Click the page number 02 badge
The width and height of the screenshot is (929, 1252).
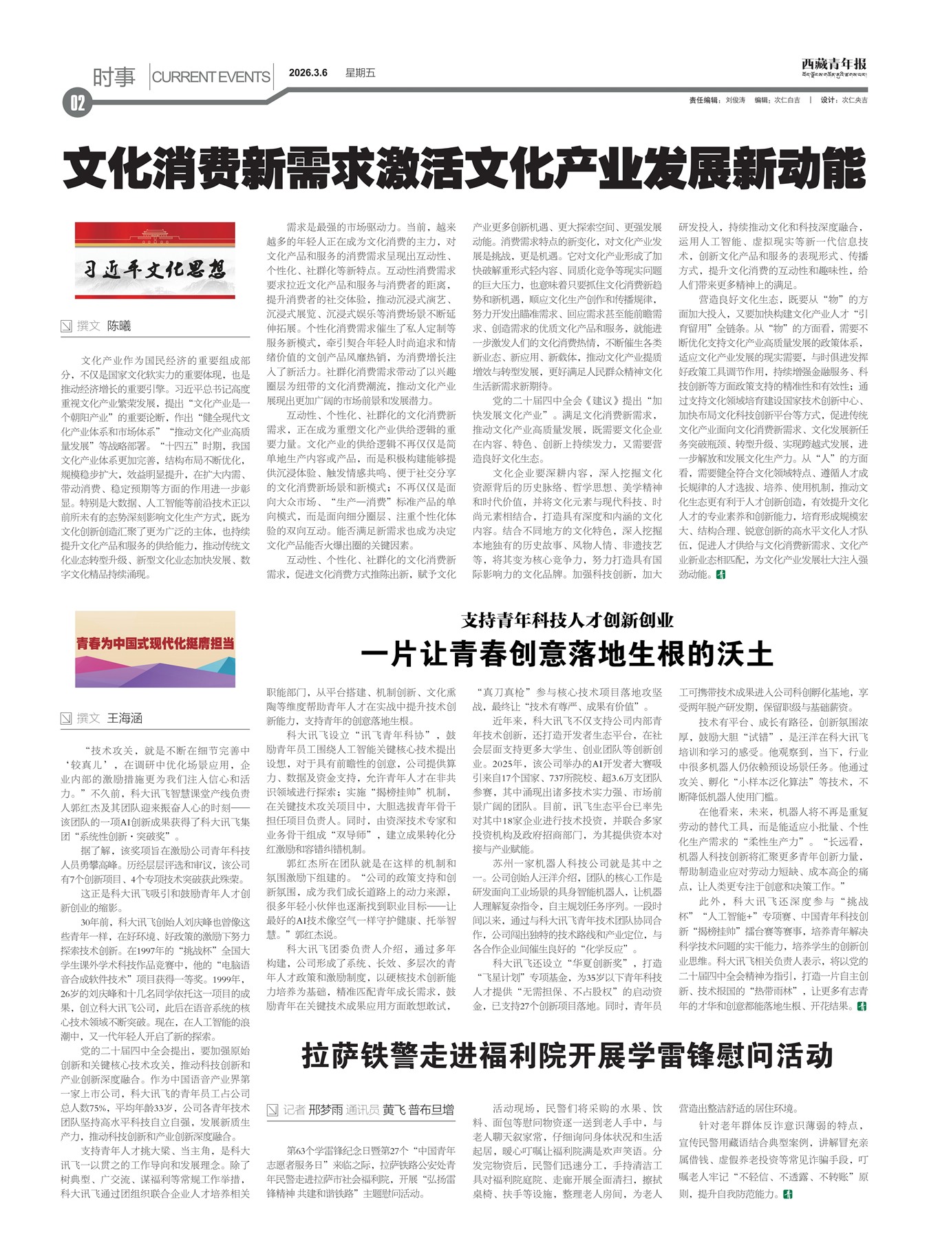coord(76,103)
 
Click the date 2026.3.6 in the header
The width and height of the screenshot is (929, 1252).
coord(308,73)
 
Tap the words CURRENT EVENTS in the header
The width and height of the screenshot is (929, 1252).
coord(211,77)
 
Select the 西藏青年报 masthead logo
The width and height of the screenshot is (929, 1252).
coord(833,66)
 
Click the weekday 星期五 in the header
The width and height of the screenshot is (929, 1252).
coord(360,73)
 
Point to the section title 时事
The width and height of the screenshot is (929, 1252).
coord(114,77)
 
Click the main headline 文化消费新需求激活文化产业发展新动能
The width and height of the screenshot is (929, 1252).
coord(464,167)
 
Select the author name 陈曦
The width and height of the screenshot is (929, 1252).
coord(119,326)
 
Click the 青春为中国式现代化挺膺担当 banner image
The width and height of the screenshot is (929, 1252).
coord(155,648)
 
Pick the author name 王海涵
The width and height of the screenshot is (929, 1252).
coord(125,719)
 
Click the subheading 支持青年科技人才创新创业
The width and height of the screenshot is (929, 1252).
coord(567,620)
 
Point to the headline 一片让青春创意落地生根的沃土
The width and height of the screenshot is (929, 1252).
coord(567,654)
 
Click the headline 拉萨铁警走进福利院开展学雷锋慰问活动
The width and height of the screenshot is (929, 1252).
coord(567,1055)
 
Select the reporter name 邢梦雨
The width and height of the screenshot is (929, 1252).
coord(325,1110)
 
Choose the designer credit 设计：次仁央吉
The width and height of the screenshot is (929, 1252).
coord(844,100)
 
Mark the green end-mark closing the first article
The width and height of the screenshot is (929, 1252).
coord(720,574)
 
